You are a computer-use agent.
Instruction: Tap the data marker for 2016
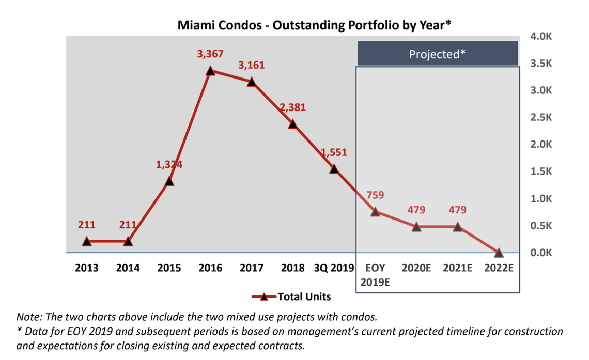(x=210, y=71)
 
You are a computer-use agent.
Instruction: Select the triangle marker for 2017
(x=252, y=82)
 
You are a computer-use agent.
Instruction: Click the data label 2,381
(x=293, y=107)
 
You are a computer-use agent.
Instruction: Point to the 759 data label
(x=375, y=196)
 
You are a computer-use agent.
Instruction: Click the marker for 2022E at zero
(x=499, y=253)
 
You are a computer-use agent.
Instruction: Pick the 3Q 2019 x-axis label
(x=334, y=269)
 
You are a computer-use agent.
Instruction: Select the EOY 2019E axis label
(x=375, y=275)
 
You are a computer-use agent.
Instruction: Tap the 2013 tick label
(x=87, y=269)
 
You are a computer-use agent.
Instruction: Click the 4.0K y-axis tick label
(x=541, y=36)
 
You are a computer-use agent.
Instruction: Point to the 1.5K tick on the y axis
(x=541, y=171)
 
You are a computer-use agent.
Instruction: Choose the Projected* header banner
(x=437, y=54)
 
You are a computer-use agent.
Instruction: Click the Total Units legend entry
(x=304, y=296)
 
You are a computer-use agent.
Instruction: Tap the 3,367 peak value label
(x=210, y=54)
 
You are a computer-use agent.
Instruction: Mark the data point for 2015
(x=169, y=181)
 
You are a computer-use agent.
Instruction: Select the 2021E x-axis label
(x=457, y=269)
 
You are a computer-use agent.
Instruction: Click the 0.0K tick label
(x=541, y=253)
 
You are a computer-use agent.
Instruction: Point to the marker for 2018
(x=293, y=124)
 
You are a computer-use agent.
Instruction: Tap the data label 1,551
(x=334, y=152)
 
